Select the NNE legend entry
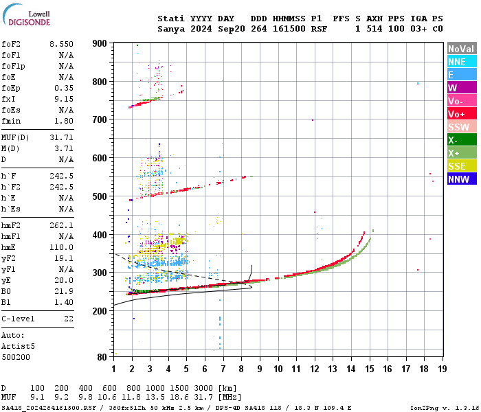click(457, 62)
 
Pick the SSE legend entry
click(457, 166)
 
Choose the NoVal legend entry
click(461, 49)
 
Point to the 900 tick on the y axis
click(100, 43)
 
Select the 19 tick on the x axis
click(443, 369)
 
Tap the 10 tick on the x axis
click(278, 369)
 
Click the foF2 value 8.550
click(61, 44)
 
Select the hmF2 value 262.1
click(61, 225)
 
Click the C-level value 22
click(68, 319)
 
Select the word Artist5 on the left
click(16, 346)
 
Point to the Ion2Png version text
click(444, 408)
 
